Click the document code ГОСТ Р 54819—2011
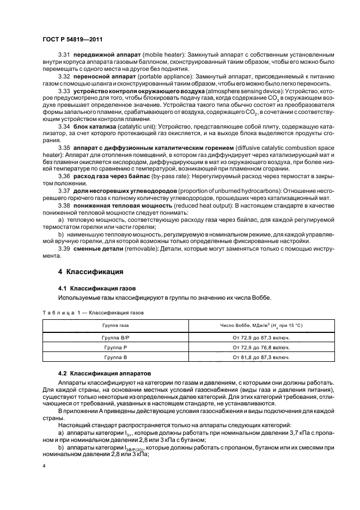(72, 39)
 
